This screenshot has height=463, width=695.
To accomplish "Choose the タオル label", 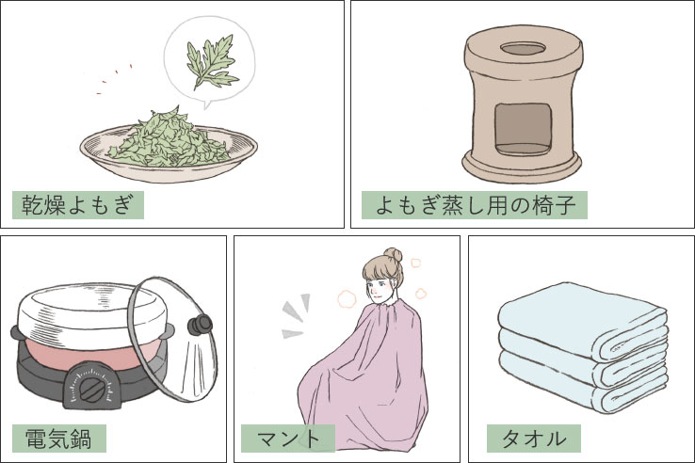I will (x=533, y=439).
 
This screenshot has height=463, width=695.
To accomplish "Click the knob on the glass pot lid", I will (x=198, y=326).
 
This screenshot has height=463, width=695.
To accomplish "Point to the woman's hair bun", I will (x=392, y=254).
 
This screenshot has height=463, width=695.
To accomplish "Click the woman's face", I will (x=380, y=285).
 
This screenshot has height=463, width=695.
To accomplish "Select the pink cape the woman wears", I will (x=363, y=376).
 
